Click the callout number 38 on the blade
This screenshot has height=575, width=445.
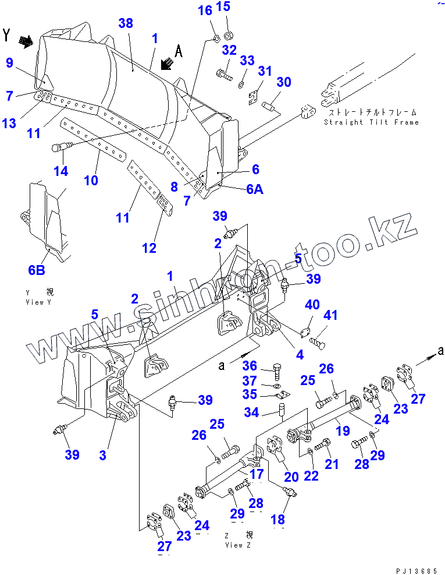[126, 24]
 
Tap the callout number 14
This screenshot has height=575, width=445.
[61, 171]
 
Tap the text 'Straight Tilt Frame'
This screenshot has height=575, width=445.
[371, 122]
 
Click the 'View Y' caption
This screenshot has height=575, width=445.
[38, 302]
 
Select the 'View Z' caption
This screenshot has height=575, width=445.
[238, 545]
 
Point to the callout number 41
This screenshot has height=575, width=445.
[330, 316]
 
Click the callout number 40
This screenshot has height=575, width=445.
[312, 305]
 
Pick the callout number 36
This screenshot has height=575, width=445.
[250, 366]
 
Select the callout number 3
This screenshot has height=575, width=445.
[102, 455]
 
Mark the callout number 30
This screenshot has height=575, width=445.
[283, 82]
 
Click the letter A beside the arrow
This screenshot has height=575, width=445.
[179, 52]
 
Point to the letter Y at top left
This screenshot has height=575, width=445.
[7, 34]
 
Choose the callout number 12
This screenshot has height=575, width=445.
[149, 248]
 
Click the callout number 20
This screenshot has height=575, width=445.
[291, 477]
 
